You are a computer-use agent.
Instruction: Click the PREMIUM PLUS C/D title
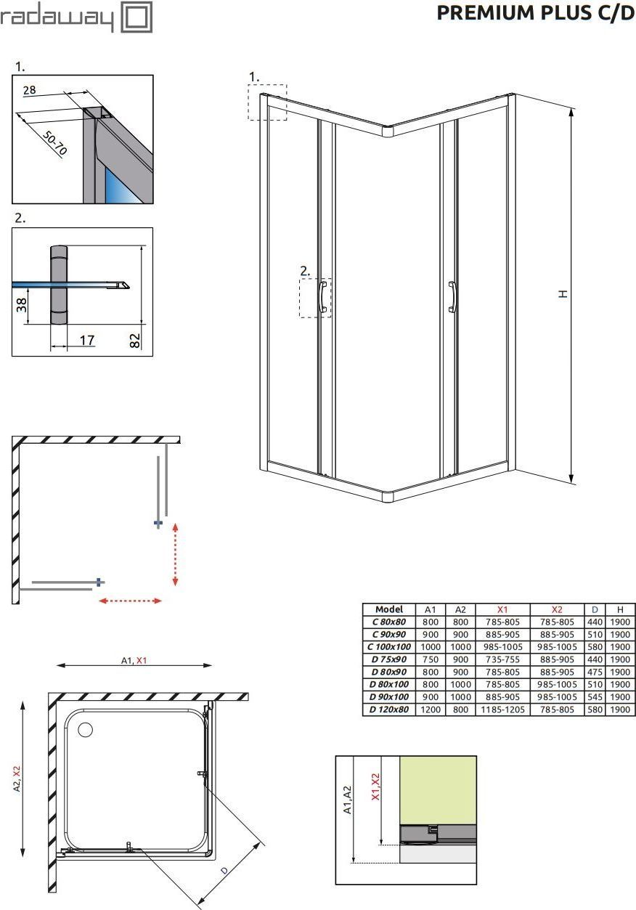[535, 13]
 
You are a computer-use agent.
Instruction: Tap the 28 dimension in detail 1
[29, 90]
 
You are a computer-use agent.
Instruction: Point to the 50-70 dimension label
[54, 143]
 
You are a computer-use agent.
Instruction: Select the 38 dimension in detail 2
[21, 305]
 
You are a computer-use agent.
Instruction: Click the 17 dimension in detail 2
[87, 340]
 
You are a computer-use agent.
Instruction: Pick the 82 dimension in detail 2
[134, 341]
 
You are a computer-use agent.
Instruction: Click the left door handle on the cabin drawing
[323, 296]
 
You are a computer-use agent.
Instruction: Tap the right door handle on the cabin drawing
[453, 297]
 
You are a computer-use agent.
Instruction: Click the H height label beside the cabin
[563, 293]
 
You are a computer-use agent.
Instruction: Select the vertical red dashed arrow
[175, 555]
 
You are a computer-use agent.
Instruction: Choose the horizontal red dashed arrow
[131, 601]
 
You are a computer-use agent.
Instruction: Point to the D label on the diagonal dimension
[224, 870]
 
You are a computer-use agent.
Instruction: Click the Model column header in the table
[389, 609]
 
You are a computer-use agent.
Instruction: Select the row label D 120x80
[389, 710]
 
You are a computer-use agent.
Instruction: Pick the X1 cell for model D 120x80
[503, 710]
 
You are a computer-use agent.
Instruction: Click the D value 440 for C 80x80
[595, 622]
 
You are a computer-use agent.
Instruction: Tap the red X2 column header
[557, 609]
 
